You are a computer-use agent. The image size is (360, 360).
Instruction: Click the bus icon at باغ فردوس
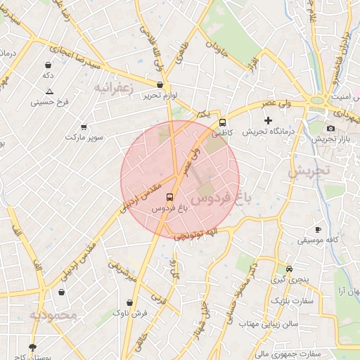[169, 198]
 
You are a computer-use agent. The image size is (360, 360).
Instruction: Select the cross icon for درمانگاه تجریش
[267, 120]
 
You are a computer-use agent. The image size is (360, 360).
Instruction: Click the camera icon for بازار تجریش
[331, 128]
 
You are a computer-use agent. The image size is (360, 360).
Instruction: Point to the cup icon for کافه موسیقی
[318, 229]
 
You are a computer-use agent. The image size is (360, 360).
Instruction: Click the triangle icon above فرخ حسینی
[49, 91]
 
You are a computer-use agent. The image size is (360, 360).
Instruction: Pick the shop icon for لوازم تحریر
[160, 84]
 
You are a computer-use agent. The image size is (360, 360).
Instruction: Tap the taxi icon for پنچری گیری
[290, 269]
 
